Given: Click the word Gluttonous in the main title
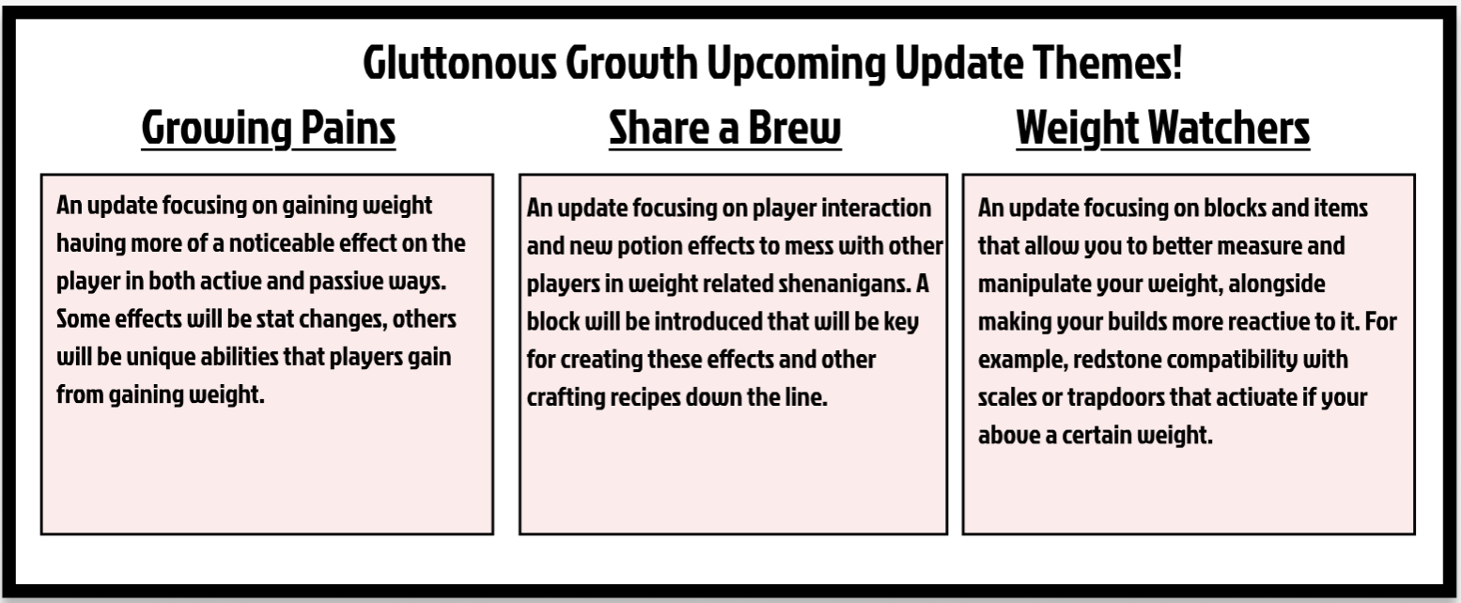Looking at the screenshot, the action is (459, 63).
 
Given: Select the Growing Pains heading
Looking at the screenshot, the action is (268, 129).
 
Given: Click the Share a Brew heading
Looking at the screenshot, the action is (724, 128).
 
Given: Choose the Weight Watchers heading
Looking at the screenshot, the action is (1163, 128).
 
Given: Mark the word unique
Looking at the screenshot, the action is (161, 358).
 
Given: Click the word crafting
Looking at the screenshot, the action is (566, 397).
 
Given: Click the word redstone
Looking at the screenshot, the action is (1116, 359).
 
